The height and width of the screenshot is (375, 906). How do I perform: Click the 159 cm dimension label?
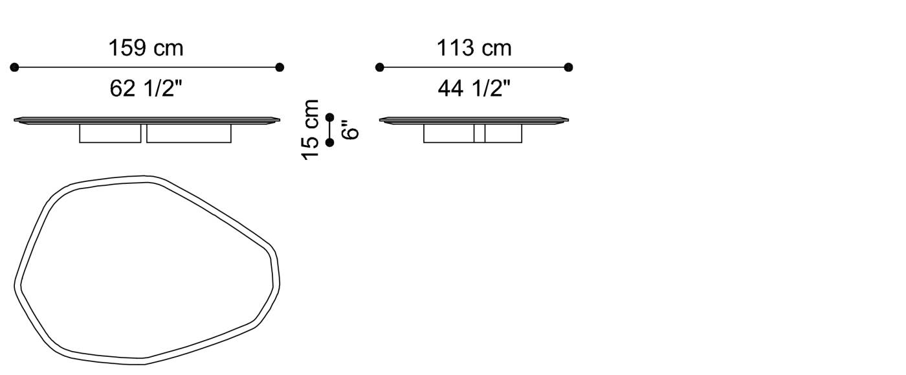[146, 48]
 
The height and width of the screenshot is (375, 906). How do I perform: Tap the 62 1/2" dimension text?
[146, 89]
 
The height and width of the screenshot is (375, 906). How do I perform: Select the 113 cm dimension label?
[474, 48]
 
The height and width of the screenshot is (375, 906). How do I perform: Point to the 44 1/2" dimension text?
[474, 89]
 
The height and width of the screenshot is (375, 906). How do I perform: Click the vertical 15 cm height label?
[311, 130]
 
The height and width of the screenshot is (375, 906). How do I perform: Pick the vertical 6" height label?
[350, 130]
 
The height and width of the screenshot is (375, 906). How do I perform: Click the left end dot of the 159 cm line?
[15, 67]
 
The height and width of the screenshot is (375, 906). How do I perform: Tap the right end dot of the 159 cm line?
[280, 67]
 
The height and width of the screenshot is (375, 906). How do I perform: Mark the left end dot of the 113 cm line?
[380, 67]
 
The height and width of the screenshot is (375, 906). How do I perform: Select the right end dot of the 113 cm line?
[568, 67]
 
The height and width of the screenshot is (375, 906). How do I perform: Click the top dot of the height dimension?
[330, 117]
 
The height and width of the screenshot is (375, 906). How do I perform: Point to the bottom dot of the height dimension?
[330, 142]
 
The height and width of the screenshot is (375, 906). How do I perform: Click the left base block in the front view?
[110, 133]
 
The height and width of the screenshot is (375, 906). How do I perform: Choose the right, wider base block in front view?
[188, 133]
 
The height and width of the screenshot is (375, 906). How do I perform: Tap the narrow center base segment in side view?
[480, 133]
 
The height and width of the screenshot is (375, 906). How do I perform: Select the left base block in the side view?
[448, 133]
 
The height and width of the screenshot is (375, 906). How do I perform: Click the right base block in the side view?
[503, 133]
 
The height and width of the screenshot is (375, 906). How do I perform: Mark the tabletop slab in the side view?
[474, 120]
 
